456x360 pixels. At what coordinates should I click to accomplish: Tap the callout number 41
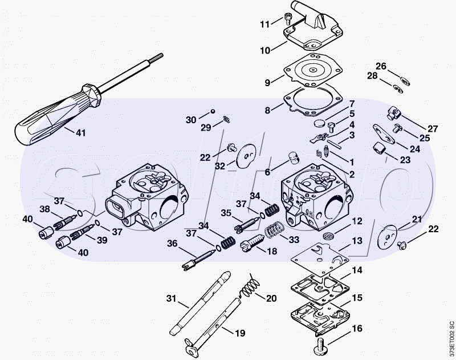coord(80,133)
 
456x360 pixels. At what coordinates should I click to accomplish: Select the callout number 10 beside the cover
coord(265,50)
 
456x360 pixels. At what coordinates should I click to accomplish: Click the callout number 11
coord(264,24)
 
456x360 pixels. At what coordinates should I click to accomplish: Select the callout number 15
coord(357,298)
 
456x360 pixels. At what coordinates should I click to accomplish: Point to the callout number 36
coord(173,244)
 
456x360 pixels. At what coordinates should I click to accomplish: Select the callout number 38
coord(44,209)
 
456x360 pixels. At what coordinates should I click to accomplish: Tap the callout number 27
coord(433,128)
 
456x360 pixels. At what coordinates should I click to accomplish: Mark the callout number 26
coord(380,66)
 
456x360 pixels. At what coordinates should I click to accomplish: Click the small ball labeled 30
coord(212,111)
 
